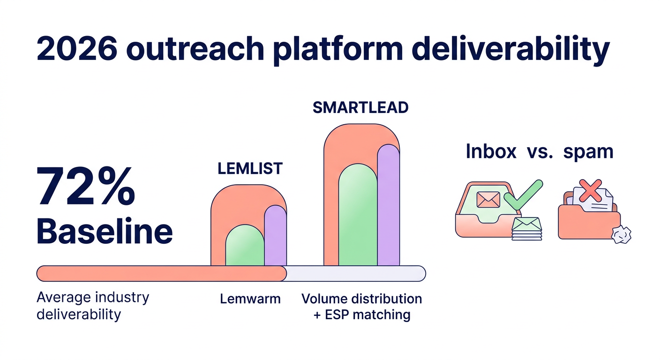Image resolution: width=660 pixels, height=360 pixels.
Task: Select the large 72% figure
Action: (x=86, y=187)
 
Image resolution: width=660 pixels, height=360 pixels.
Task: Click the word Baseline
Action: (x=104, y=232)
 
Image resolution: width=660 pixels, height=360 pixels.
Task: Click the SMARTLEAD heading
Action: (x=360, y=107)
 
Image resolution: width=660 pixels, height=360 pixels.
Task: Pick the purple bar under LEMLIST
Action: (x=275, y=236)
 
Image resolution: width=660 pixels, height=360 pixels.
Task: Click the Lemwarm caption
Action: (x=250, y=299)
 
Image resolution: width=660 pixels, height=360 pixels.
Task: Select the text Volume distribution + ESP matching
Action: (x=361, y=307)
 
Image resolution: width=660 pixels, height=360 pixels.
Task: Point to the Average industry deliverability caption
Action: (x=92, y=305)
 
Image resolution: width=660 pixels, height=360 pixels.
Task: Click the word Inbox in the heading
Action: (x=491, y=152)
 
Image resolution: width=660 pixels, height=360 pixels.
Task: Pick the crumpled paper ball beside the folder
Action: (x=622, y=234)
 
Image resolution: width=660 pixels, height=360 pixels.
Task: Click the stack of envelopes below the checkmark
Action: (x=526, y=229)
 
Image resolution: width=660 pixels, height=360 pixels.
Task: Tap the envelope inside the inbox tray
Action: (x=488, y=200)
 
